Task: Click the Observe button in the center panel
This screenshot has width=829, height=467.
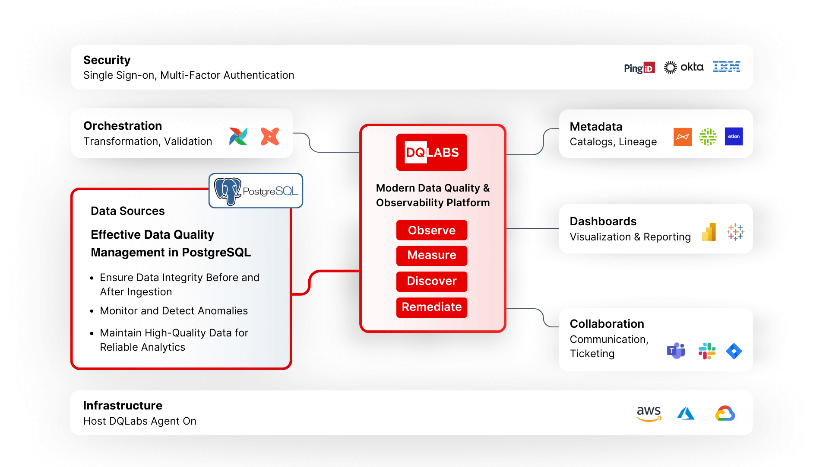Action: tap(431, 230)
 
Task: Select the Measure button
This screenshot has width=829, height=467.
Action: tap(431, 256)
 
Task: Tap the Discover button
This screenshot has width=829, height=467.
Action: tap(431, 281)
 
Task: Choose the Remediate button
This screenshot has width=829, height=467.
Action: tap(431, 307)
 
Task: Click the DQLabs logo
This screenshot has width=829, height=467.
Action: tap(431, 152)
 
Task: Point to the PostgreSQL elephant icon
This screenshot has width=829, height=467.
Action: tap(228, 191)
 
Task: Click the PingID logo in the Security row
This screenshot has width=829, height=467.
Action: tap(639, 68)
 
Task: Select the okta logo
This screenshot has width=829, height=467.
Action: tap(683, 67)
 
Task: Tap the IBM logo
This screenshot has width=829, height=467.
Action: tap(726, 67)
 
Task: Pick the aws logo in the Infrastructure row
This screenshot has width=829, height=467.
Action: tap(649, 413)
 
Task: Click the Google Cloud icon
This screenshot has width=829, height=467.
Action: tap(725, 413)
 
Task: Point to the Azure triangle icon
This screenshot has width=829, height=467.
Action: tap(686, 413)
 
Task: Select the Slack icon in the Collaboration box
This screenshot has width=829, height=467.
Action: tap(707, 351)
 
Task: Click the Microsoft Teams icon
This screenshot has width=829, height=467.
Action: tap(676, 351)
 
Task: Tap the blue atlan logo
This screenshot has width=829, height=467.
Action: tap(734, 137)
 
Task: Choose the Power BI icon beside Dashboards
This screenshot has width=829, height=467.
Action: tap(709, 232)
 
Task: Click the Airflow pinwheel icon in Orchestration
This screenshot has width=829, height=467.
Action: tap(238, 137)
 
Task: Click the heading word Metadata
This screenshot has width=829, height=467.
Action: tap(596, 127)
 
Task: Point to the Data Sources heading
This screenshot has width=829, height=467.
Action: tap(128, 211)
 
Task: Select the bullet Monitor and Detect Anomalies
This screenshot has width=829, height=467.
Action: tap(174, 311)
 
